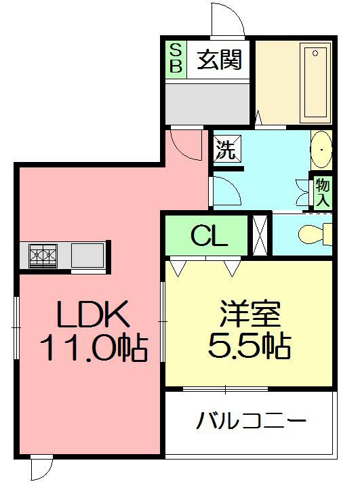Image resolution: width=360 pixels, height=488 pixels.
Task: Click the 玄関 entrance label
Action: [219, 60]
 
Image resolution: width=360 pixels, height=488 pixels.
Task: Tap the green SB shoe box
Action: [176, 59]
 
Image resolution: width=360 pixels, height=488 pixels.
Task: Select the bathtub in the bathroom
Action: [315, 83]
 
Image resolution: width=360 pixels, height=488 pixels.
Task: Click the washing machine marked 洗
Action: [227, 148]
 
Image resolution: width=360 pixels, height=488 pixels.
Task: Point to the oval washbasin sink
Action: [321, 150]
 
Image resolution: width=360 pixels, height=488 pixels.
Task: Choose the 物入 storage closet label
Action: [322, 192]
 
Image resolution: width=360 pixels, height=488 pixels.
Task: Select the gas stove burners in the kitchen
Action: [43, 256]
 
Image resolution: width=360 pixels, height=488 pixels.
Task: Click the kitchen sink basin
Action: [87, 256]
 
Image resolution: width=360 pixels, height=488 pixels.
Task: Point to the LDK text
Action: [93, 313]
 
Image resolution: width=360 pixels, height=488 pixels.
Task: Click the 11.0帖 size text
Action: [94, 347]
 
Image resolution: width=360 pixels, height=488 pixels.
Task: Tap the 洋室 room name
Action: [250, 313]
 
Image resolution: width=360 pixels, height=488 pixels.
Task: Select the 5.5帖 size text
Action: [249, 346]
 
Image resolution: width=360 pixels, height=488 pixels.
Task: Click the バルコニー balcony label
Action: [251, 420]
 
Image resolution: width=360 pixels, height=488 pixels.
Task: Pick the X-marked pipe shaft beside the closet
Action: [260, 235]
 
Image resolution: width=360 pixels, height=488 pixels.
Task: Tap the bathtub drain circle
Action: [315, 54]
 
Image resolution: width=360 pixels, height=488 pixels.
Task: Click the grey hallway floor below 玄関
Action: [207, 104]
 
